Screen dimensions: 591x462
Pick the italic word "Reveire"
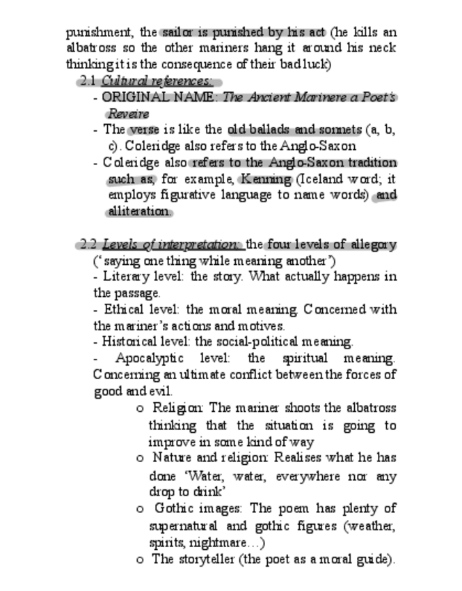128,113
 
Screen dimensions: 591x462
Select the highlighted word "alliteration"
139,211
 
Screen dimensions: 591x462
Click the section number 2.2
89,245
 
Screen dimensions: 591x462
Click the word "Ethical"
122,309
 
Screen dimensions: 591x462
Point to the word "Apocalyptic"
150,358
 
